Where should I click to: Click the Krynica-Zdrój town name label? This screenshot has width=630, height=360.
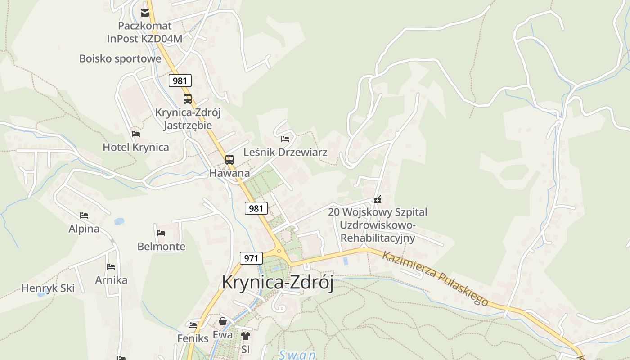click(278, 283)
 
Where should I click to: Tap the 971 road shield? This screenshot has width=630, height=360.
click(251, 258)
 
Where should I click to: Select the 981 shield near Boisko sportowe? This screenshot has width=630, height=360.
click(180, 81)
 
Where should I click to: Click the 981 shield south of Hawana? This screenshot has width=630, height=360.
click(256, 208)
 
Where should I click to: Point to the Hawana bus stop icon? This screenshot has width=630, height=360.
click(229, 159)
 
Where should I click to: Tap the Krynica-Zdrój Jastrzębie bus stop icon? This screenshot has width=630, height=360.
click(188, 99)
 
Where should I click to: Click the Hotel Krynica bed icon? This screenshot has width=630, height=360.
click(136, 134)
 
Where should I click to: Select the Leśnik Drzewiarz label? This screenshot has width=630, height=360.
click(285, 152)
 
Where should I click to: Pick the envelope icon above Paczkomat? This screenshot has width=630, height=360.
click(145, 13)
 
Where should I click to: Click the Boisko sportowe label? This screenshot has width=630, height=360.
click(120, 58)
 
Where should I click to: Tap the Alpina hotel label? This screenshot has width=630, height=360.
click(84, 229)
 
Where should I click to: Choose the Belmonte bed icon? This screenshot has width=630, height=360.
click(161, 233)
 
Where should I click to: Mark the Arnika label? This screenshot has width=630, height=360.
click(111, 280)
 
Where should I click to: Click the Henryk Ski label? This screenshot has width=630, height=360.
click(48, 288)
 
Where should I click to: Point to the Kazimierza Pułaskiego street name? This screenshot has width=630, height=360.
click(435, 279)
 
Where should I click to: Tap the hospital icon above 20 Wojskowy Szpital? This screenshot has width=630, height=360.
click(378, 199)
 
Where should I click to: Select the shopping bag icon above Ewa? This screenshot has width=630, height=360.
click(223, 321)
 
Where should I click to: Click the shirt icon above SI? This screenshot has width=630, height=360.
click(245, 336)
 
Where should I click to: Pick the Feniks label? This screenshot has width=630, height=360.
click(193, 338)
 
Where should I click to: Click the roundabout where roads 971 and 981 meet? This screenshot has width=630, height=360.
click(279, 251)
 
